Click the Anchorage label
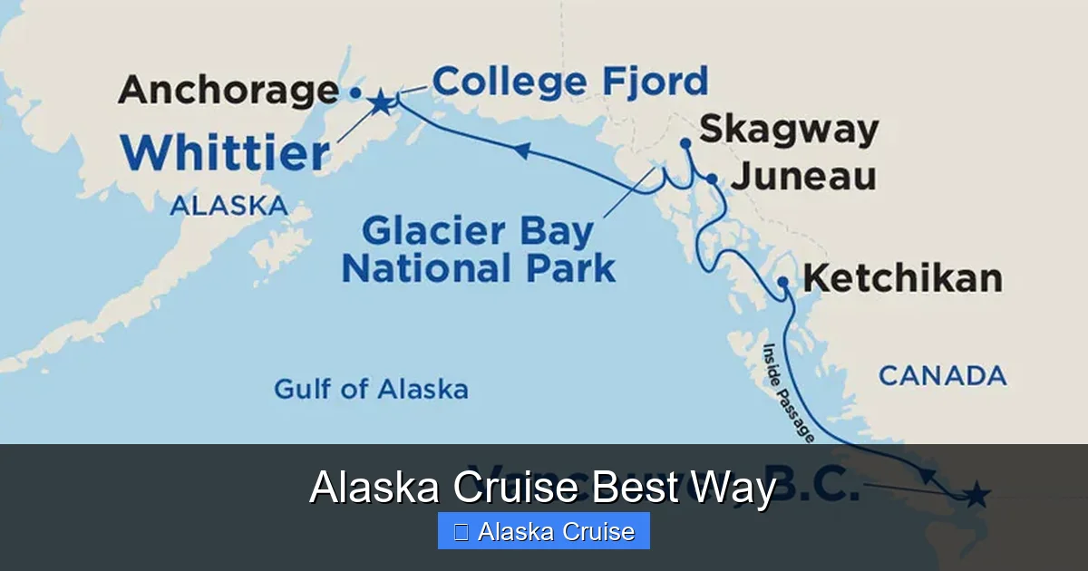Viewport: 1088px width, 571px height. (x=228, y=91)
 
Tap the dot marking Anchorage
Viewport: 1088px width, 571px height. (x=355, y=92)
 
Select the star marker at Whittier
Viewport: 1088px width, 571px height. (x=381, y=102)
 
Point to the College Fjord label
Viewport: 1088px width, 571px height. (x=569, y=82)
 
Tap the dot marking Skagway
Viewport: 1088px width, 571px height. (x=685, y=143)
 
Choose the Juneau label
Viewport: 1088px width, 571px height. (x=803, y=176)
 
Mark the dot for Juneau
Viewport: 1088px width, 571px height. (x=713, y=179)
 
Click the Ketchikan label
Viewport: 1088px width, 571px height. (x=903, y=278)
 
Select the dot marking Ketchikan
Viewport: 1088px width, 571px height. (x=782, y=282)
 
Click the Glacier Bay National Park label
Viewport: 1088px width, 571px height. (x=478, y=250)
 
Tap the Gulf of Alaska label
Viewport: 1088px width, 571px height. (x=371, y=390)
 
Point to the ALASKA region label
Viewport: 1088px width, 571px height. (x=228, y=206)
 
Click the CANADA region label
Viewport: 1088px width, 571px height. (x=942, y=375)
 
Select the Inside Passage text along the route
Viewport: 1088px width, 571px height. (x=786, y=392)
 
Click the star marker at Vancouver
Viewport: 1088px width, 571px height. (x=976, y=495)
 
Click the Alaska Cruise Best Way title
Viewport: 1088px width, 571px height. (x=542, y=489)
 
